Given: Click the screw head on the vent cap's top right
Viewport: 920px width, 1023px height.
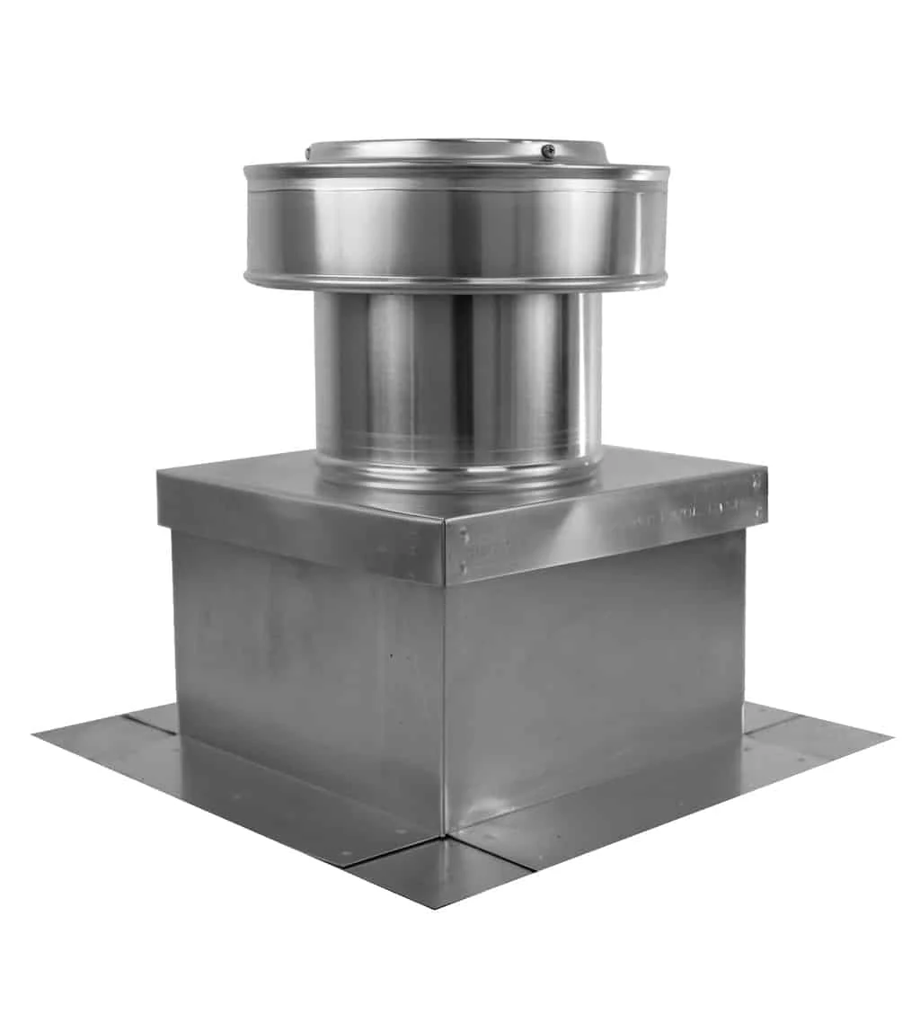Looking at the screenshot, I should (x=547, y=152).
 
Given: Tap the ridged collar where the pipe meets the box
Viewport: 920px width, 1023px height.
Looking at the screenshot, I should (x=456, y=469).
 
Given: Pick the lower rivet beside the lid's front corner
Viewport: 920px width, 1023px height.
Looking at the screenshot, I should (x=464, y=568).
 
